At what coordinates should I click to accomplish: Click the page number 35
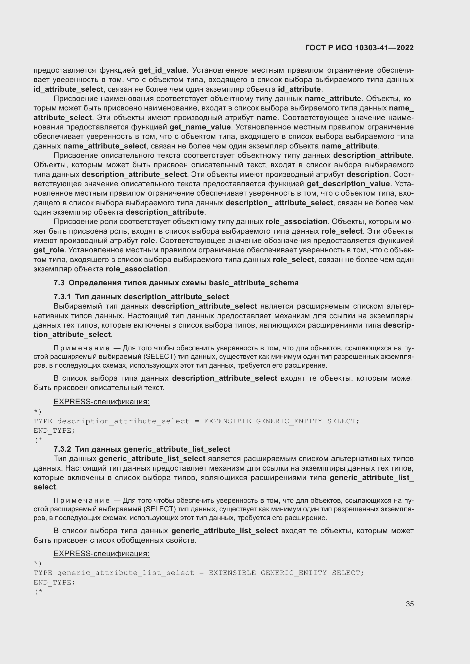pyautogui.click(x=409, y=604)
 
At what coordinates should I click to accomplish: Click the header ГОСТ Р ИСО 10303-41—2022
pyautogui.click(x=359, y=48)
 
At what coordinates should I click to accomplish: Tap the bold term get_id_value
pyautogui.click(x=162, y=70)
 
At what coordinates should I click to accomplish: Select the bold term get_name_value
pyautogui.click(x=200, y=127)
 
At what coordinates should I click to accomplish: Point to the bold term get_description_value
pyautogui.click(x=348, y=184)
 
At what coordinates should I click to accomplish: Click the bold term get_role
pyautogui.click(x=49, y=250)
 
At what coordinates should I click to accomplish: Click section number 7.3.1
pyautogui.click(x=62, y=297)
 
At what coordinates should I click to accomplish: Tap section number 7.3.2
pyautogui.click(x=62, y=449)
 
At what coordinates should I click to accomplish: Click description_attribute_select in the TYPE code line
pyautogui.click(x=123, y=421)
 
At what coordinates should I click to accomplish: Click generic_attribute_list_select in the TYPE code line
pyautogui.click(x=125, y=573)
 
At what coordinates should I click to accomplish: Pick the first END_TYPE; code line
pyautogui.click(x=54, y=431)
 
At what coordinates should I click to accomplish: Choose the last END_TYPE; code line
pyautogui.click(x=54, y=583)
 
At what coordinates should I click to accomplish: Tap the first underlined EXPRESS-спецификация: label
pyautogui.click(x=101, y=402)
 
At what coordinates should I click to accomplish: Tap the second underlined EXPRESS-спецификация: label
pyautogui.click(x=101, y=554)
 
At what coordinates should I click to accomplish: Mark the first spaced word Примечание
pyautogui.click(x=82, y=348)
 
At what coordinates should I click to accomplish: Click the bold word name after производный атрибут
pyautogui.click(x=267, y=118)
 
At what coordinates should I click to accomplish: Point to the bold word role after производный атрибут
pyautogui.click(x=147, y=241)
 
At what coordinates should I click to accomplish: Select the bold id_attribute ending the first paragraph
pyautogui.click(x=299, y=89)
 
